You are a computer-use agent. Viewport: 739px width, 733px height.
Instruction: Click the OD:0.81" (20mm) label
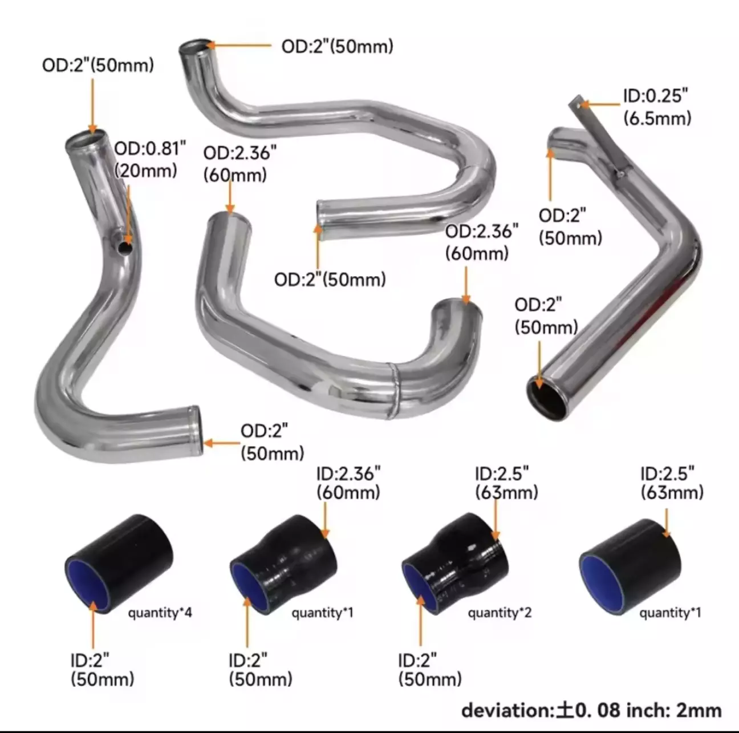(x=150, y=159)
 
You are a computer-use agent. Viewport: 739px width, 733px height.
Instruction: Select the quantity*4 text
(x=160, y=613)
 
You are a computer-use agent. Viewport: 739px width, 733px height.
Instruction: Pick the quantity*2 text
(x=500, y=613)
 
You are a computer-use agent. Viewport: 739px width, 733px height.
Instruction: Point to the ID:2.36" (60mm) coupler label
(x=348, y=483)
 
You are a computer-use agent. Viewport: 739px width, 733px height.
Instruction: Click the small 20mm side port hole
(x=125, y=248)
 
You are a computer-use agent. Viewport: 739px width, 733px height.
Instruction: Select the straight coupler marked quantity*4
(x=119, y=564)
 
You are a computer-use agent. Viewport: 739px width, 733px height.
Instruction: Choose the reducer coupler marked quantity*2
(x=455, y=564)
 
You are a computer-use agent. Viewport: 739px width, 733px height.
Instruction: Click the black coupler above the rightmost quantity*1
(x=630, y=567)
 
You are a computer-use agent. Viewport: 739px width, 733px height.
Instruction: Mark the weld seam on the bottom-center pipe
(x=395, y=391)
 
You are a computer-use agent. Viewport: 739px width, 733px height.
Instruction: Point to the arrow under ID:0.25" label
(x=600, y=104)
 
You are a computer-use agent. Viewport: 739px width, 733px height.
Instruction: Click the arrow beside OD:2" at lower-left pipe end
(x=222, y=444)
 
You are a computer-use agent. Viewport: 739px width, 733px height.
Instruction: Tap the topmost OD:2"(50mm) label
(x=338, y=46)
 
